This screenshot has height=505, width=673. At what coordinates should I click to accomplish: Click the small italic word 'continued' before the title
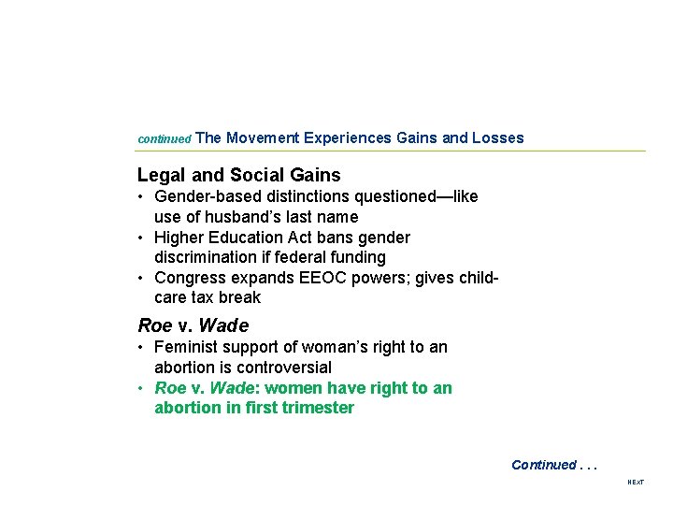click(x=164, y=139)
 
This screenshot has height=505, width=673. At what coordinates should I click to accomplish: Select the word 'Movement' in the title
click(x=263, y=138)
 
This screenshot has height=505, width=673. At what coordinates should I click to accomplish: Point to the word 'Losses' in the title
click(x=498, y=138)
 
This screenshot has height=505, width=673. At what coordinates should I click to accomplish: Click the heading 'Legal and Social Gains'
click(x=239, y=175)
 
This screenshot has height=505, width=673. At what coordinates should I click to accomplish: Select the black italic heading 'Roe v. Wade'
click(x=193, y=325)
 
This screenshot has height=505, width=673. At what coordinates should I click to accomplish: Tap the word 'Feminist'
click(x=185, y=347)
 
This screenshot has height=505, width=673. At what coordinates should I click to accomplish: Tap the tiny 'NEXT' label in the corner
click(x=636, y=483)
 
